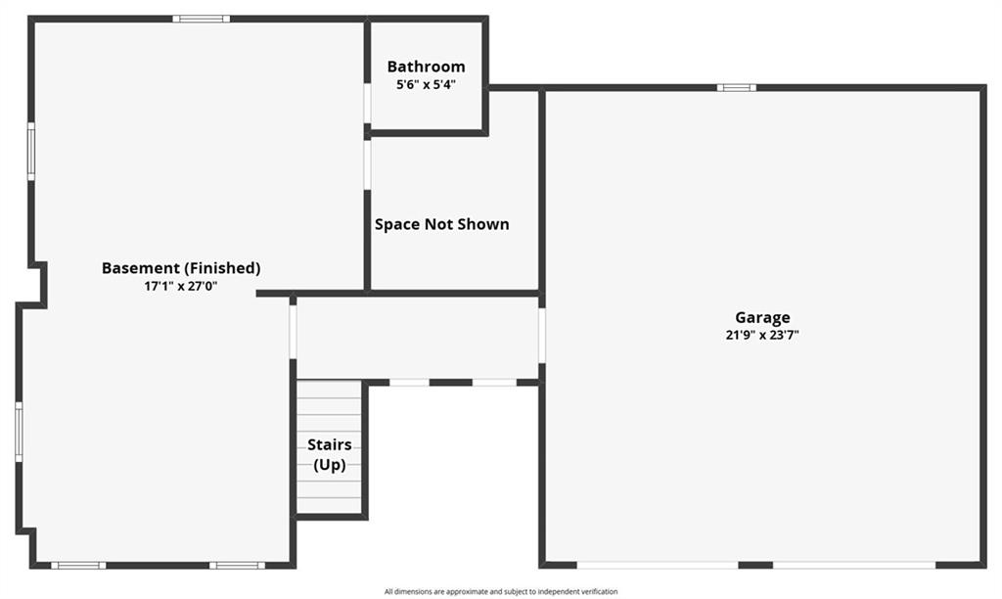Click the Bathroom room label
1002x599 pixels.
click(427, 67)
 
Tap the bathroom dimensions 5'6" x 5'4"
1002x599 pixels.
click(427, 84)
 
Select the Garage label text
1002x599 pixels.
click(762, 318)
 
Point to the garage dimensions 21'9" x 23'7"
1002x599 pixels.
click(762, 335)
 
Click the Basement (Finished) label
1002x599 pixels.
click(181, 268)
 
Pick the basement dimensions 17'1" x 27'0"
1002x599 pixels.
click(181, 286)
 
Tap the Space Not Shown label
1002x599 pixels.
click(442, 224)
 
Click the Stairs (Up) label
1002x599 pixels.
click(330, 454)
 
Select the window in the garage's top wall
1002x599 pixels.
click(736, 87)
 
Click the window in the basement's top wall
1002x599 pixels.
click(202, 19)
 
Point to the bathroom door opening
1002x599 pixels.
click(368, 103)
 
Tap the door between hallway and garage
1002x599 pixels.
click(542, 336)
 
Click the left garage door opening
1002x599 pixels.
click(658, 565)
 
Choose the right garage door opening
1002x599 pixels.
click(854, 565)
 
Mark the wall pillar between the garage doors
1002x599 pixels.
click(756, 565)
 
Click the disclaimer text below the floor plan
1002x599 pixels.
click(501, 592)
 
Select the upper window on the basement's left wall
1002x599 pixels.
click(30, 152)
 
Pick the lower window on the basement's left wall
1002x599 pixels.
click(20, 432)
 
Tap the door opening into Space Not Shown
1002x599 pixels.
click(368, 164)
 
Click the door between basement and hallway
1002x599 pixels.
click(294, 332)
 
